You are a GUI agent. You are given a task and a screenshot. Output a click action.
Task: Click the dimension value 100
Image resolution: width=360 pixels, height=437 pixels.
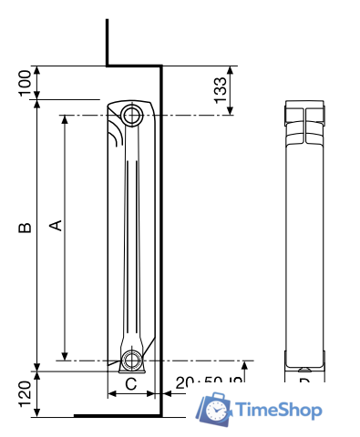(25, 83)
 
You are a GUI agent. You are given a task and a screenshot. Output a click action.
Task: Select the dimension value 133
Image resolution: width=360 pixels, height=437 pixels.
(220, 89)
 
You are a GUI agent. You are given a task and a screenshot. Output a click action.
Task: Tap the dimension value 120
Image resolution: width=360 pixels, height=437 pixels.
(25, 392)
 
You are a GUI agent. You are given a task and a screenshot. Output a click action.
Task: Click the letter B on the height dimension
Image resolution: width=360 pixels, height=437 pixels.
(26, 227)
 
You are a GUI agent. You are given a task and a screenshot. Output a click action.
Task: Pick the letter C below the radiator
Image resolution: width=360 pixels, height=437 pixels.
(130, 383)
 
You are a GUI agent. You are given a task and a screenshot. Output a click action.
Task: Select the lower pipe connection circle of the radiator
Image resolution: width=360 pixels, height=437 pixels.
(133, 359)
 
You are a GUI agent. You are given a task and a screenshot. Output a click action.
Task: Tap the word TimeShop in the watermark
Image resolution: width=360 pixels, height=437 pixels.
(279, 411)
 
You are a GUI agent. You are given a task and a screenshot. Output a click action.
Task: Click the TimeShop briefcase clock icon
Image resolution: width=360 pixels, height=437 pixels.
(216, 411)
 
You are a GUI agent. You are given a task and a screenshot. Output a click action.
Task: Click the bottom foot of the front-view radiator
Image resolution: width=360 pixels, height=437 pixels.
(304, 368)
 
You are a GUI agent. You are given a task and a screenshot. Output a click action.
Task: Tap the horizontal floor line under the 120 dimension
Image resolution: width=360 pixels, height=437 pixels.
(109, 415)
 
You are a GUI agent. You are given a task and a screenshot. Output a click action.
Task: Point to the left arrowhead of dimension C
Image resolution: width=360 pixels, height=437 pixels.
(111, 394)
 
